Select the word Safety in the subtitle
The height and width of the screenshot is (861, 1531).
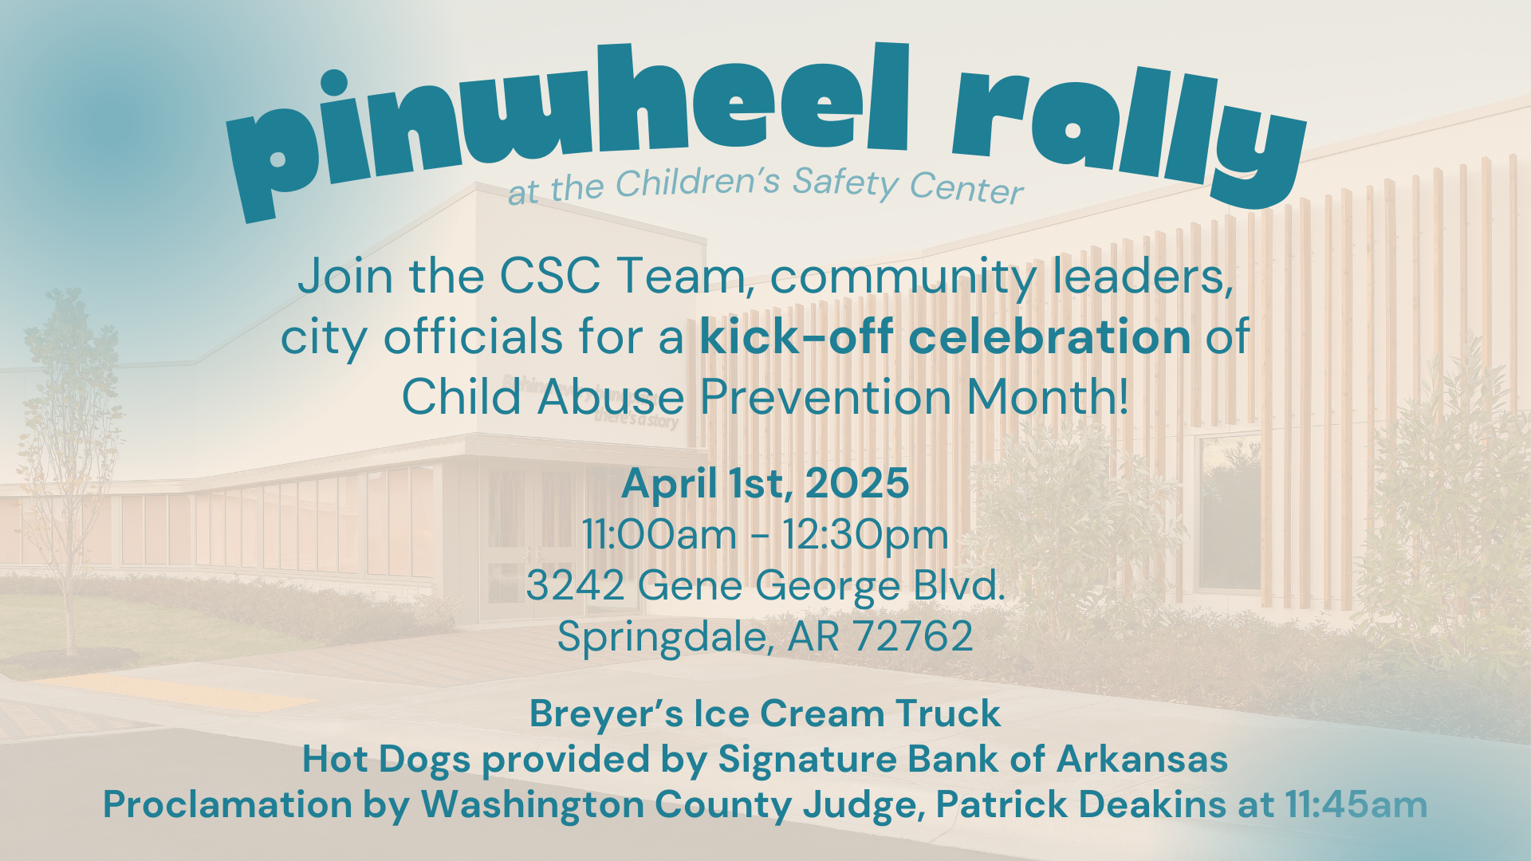coord(845,183)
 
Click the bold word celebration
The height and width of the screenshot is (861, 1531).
coord(1049,336)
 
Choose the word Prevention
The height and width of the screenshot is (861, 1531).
coord(825,396)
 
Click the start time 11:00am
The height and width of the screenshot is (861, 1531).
coord(659,534)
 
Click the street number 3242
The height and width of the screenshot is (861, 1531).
coord(575,585)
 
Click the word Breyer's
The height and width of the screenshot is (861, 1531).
coord(606,714)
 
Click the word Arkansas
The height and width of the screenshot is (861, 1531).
coord(1142,759)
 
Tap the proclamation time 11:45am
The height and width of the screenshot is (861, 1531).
coord(1356,804)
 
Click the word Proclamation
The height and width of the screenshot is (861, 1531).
coord(227,804)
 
